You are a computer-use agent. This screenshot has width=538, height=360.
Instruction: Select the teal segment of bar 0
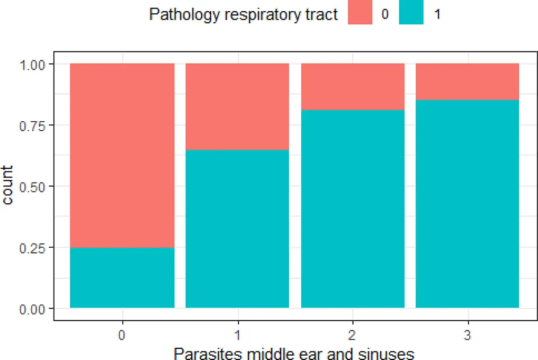122,277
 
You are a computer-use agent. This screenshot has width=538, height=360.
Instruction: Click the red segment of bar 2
353,87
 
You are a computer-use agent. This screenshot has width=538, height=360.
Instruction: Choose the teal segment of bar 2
353,209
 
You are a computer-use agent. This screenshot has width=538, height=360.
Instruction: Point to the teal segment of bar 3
467,204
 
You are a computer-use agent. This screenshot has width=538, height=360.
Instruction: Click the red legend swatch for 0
360,15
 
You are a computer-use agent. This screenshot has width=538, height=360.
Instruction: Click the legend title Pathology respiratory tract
244,15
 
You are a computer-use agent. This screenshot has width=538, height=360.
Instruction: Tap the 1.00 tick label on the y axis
35,64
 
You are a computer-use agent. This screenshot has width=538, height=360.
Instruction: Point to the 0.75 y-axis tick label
35,125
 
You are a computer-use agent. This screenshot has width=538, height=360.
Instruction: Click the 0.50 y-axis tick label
35,186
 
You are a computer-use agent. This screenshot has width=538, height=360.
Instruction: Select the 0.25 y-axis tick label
35,247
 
